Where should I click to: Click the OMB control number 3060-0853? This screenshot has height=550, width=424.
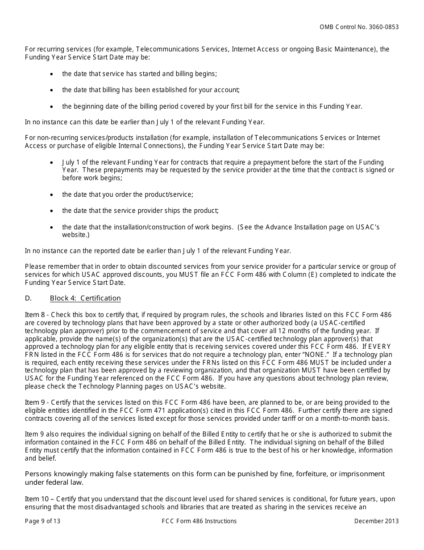pyautogui.click(x=383, y=27)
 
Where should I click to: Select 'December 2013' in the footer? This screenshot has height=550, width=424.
pyautogui.click(x=376, y=521)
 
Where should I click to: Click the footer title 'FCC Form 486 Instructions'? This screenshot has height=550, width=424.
pyautogui.click(x=200, y=521)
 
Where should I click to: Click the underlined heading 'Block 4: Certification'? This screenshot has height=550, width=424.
pyautogui.click(x=85, y=298)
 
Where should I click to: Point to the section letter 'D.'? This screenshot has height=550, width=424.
pyautogui.click(x=28, y=298)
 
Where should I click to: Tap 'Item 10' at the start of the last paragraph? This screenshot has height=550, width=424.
pyautogui.click(x=35, y=499)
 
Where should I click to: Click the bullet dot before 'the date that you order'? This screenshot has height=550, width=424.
pyautogui.click(x=52, y=195)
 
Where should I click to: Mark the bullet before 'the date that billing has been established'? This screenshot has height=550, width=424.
pyautogui.click(x=52, y=90)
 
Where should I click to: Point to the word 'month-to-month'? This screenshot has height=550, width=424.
pyautogui.click(x=343, y=419)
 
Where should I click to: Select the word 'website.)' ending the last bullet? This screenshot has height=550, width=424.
pyautogui.click(x=76, y=235)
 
